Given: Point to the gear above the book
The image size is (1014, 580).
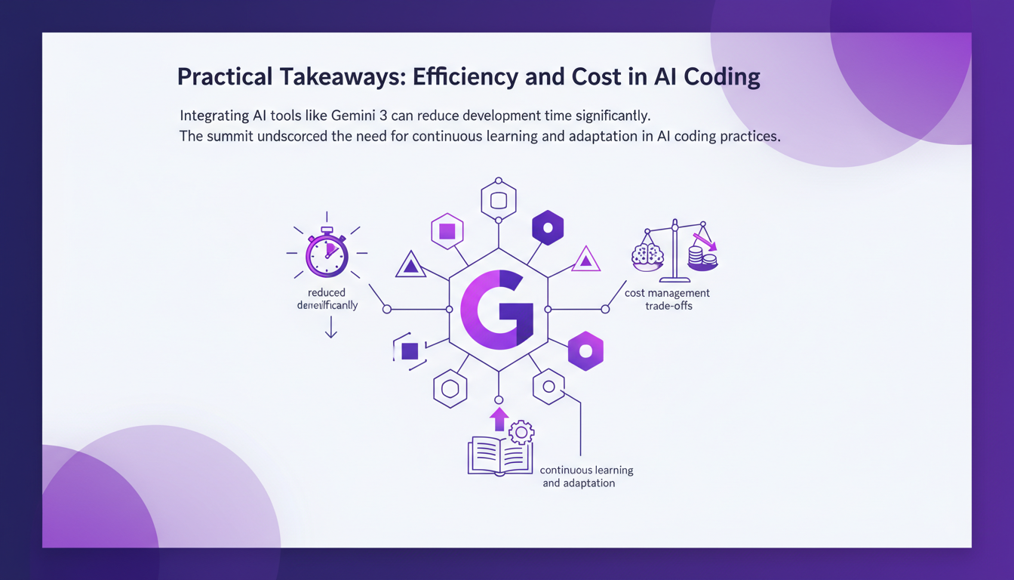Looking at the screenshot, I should [x=521, y=433].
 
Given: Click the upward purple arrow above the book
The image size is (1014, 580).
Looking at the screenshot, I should [x=499, y=419].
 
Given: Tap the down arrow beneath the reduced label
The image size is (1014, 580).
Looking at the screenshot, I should [x=330, y=328].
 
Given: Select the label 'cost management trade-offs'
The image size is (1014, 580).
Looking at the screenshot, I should [x=667, y=299].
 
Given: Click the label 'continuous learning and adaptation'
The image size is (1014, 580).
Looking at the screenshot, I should [x=586, y=476].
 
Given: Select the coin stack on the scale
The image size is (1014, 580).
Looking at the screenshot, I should [x=703, y=259].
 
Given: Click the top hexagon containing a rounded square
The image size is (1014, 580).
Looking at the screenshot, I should [x=498, y=200].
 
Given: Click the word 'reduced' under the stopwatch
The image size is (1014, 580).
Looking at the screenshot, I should [x=327, y=292].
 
